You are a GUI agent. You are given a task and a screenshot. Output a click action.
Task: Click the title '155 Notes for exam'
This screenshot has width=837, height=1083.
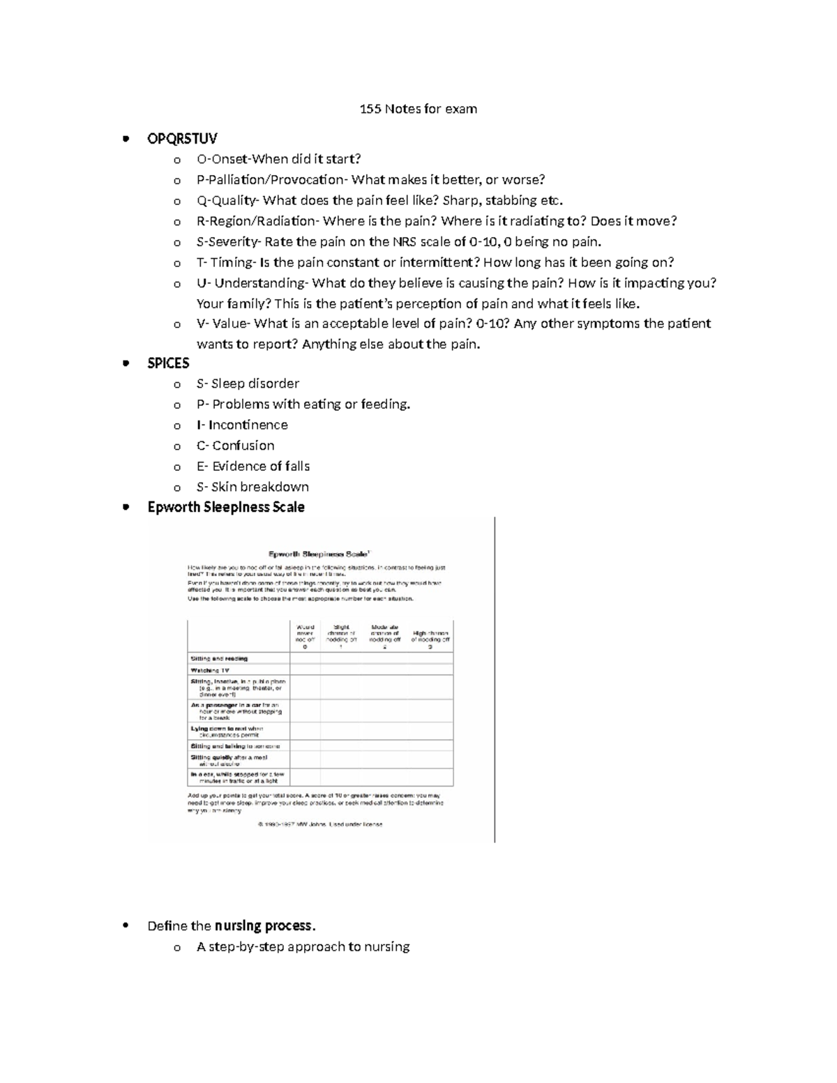[x=418, y=109]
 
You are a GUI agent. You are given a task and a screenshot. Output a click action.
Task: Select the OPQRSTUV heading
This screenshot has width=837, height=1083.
[x=182, y=139]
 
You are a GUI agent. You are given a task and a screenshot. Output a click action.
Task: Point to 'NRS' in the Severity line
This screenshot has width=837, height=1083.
[x=407, y=242]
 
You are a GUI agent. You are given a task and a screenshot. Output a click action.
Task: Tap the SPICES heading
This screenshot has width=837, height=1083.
[x=168, y=363]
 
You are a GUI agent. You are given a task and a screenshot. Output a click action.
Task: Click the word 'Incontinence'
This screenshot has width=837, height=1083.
[x=248, y=425]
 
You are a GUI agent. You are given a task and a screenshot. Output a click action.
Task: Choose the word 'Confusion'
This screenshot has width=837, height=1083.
[x=243, y=446]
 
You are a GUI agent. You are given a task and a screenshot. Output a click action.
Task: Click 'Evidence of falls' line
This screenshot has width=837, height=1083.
[x=253, y=466]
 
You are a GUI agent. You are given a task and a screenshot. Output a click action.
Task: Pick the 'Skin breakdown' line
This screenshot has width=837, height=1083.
[x=252, y=487]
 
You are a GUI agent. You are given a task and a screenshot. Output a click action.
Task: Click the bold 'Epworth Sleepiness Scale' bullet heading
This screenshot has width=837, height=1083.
[x=226, y=507]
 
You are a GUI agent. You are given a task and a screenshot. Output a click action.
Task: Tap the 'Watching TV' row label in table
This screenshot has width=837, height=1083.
[x=210, y=670]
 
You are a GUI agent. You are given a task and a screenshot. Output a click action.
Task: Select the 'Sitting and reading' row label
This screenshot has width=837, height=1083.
[x=219, y=658]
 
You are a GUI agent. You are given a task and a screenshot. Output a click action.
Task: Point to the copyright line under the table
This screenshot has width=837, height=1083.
[x=320, y=824]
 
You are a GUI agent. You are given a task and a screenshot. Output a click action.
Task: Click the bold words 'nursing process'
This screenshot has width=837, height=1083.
[x=264, y=926]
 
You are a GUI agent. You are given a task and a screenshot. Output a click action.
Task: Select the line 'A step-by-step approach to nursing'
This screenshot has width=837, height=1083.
[x=303, y=947]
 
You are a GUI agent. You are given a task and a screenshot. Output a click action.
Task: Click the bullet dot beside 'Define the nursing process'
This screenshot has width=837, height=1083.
[x=126, y=926]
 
